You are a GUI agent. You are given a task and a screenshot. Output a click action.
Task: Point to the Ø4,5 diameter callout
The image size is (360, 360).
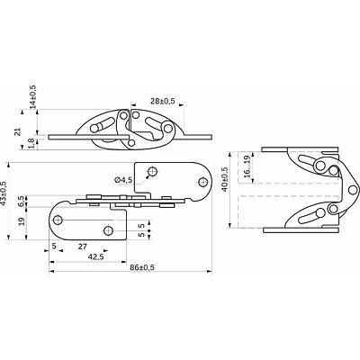coord(124,180)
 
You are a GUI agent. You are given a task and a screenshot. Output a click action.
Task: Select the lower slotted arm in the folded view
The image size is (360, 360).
coord(311,215)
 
